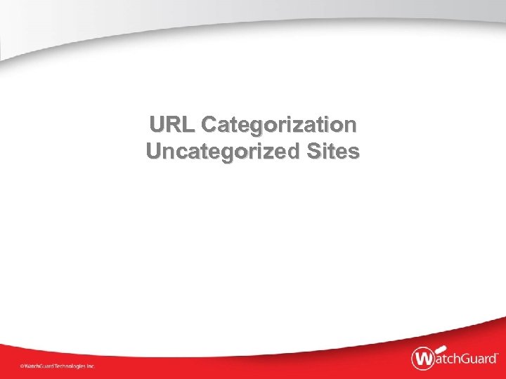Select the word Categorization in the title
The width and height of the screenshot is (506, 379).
pyautogui.click(x=279, y=126)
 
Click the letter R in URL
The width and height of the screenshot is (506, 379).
pyautogui.click(x=173, y=126)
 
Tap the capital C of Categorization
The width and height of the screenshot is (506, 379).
pyautogui.click(x=209, y=126)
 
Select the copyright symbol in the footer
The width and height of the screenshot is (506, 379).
pyautogui.click(x=21, y=366)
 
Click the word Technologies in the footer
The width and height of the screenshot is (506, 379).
pyautogui.click(x=68, y=366)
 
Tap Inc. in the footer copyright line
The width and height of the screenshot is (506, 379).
pyautogui.click(x=91, y=366)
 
